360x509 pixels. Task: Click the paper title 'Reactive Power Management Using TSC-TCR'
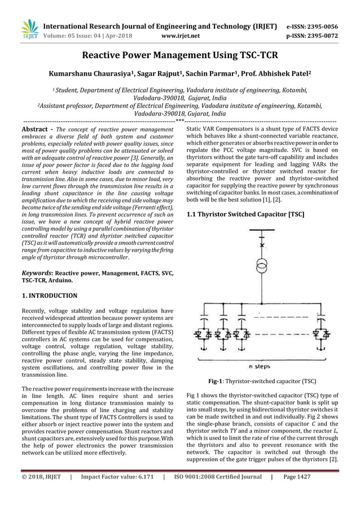coord(180,55)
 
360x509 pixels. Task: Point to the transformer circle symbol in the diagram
coord(261,265)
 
